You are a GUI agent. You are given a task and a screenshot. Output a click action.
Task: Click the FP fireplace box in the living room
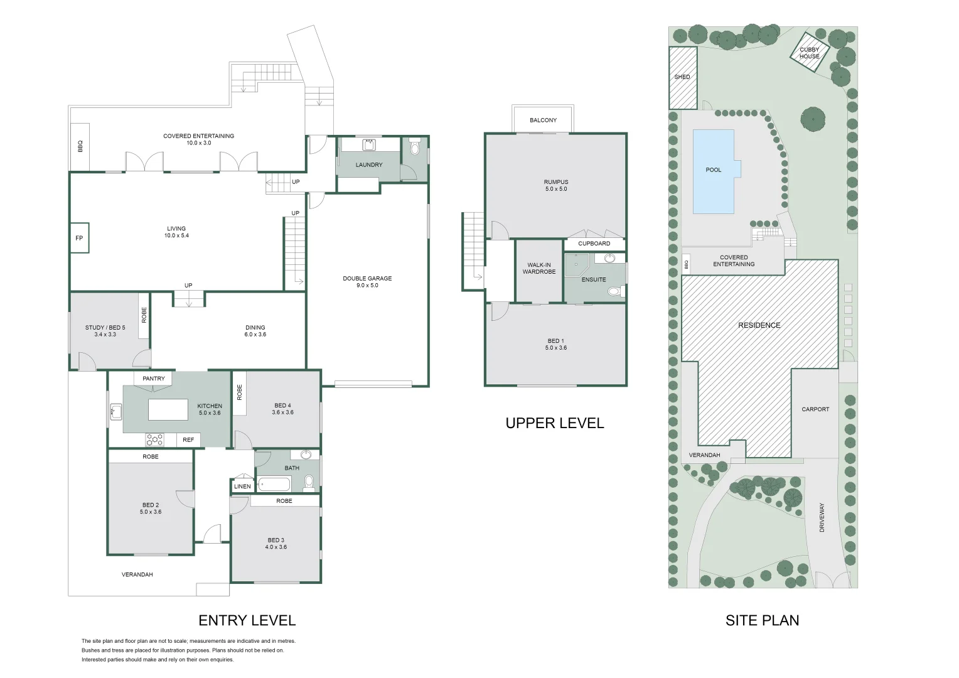79,238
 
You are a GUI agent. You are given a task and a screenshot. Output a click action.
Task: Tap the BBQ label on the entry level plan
80,146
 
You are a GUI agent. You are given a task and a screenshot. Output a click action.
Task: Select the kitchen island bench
168,409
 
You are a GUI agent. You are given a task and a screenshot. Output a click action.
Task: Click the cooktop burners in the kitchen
154,439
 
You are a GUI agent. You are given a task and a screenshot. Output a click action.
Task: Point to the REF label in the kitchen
188,440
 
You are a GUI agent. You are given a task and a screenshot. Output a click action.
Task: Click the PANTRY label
154,379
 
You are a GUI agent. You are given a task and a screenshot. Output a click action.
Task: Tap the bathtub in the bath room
274,485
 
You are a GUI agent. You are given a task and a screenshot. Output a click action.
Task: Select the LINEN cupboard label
242,487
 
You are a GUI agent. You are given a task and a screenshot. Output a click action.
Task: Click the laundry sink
369,145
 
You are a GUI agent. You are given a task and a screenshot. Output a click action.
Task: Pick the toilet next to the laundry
414,146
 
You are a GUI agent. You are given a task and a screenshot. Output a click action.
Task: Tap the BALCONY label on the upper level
544,121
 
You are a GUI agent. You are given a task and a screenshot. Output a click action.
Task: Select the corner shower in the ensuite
577,265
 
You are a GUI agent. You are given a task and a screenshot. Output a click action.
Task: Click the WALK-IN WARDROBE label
539,269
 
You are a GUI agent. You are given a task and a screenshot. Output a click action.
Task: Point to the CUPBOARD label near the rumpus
594,244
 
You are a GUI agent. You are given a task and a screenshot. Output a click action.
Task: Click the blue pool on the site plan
715,171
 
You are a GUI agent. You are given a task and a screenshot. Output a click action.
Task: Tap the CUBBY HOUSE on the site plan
810,52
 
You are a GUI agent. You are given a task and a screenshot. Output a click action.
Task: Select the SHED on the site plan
683,77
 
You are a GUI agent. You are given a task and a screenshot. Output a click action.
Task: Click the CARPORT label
815,409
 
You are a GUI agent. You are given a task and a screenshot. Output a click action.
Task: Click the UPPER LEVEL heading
555,423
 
